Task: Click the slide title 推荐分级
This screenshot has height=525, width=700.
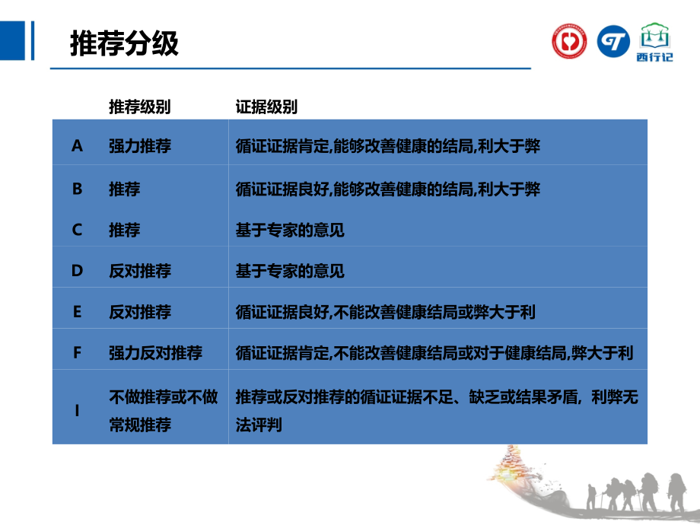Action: (124, 43)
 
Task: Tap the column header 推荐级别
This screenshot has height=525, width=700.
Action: (139, 107)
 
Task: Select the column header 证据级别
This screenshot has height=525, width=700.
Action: (266, 107)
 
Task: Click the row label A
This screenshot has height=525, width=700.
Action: (77, 146)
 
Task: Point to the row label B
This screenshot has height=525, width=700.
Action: (77, 188)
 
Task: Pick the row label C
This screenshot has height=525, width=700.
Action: (77, 229)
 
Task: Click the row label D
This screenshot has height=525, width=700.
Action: (77, 271)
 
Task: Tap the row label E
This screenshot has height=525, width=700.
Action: (77, 312)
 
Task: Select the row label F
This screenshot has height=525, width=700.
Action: (77, 353)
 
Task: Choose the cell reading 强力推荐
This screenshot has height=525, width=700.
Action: (140, 146)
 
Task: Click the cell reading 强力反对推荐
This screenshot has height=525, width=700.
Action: (155, 353)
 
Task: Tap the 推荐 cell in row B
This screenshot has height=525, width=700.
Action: (125, 188)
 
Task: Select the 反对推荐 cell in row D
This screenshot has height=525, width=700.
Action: (140, 271)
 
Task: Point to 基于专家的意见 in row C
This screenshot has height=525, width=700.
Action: (290, 229)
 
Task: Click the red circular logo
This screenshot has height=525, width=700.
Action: (569, 41)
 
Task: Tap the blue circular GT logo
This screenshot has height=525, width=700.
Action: (613, 41)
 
